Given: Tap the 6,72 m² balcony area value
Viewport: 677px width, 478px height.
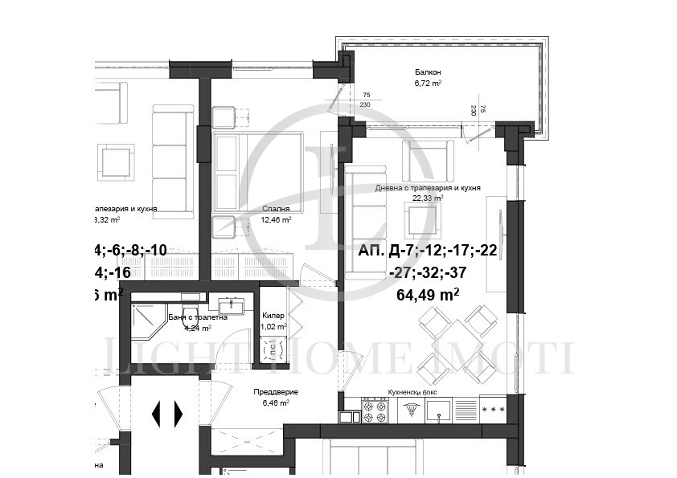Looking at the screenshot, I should (x=428, y=83).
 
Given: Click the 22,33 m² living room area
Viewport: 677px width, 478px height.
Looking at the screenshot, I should (x=427, y=198).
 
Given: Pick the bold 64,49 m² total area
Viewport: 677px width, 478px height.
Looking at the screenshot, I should (x=428, y=294).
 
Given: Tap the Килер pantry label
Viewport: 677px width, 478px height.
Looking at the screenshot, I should (x=273, y=316).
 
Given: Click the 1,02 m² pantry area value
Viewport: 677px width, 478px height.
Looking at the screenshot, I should (x=273, y=327).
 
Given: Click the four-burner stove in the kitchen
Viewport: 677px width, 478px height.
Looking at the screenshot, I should (x=375, y=411).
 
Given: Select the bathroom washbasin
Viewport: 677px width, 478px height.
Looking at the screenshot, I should (x=232, y=305).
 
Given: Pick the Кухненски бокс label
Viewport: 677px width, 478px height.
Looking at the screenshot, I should (x=412, y=391).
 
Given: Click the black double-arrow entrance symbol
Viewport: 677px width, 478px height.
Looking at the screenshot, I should (x=167, y=413).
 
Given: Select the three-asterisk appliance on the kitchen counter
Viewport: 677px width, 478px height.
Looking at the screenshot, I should (x=492, y=410).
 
